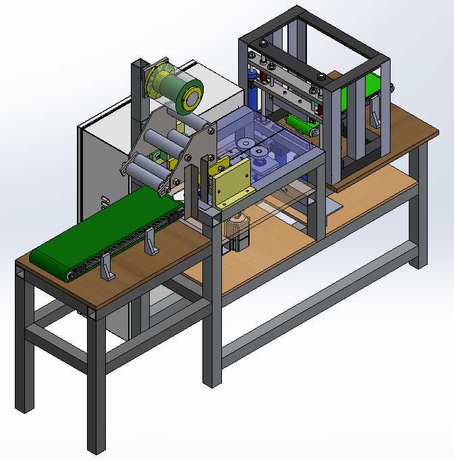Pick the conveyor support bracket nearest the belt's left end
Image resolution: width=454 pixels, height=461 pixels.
coord(107,268)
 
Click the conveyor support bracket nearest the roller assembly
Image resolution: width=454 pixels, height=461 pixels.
coord(151,243)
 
